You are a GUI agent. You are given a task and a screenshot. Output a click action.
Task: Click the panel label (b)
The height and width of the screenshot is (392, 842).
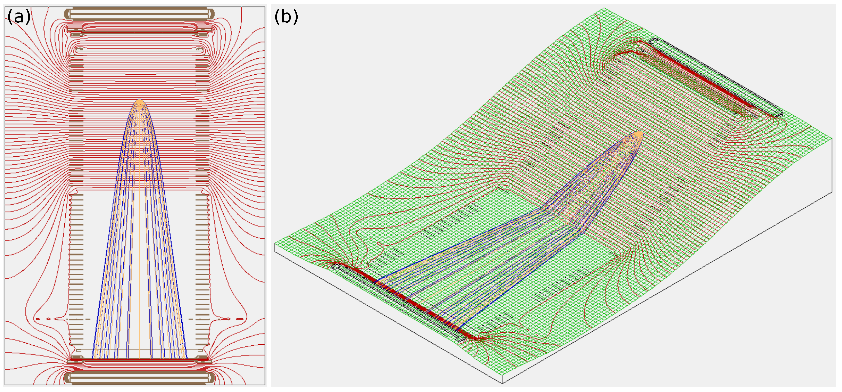point(286,16)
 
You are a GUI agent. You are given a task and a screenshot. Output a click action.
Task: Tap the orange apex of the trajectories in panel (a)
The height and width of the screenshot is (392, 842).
point(140,102)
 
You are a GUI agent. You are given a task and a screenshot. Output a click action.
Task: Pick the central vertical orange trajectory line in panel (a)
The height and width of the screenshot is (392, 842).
point(140,229)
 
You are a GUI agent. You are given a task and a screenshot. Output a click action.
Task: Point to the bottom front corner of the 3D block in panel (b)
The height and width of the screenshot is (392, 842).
point(502,383)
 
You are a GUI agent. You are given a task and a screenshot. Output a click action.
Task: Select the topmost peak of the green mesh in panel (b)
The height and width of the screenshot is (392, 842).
point(604,8)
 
